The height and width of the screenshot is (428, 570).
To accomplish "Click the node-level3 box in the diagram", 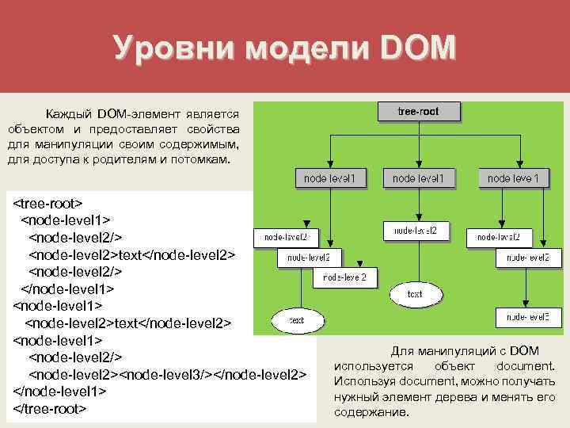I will (x=522, y=317).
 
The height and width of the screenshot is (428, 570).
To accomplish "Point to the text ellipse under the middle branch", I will (x=414, y=294).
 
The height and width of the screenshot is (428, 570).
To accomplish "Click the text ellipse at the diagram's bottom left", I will (x=296, y=320).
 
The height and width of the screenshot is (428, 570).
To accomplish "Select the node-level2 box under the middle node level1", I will (x=416, y=231).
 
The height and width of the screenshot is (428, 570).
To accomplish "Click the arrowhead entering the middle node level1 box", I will (x=418, y=164).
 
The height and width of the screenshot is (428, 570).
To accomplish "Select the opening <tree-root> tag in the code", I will (x=47, y=203).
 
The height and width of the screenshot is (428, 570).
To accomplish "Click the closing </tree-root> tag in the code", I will (x=49, y=408).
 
